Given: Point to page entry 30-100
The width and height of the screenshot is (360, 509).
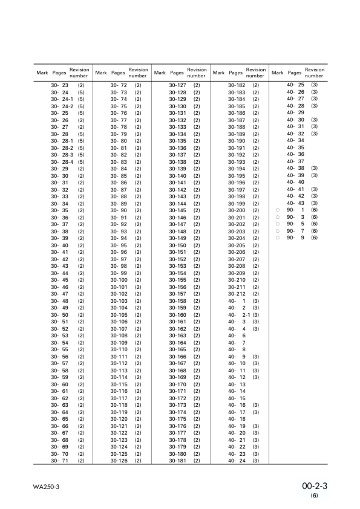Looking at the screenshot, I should tap(119, 280).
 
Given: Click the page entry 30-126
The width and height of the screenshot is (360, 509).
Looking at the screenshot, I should tap(119, 461).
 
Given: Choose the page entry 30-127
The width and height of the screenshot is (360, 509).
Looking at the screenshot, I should tap(177, 85).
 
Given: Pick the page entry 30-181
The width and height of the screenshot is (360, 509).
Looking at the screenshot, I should tap(177, 461).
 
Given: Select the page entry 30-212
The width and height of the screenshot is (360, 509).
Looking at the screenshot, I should tap(237, 294).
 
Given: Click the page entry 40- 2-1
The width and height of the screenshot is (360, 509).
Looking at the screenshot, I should tap(239, 314).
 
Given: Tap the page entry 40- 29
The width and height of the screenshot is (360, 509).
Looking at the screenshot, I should tap(295, 112).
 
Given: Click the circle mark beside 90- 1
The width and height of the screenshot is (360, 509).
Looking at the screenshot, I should tap(277, 210).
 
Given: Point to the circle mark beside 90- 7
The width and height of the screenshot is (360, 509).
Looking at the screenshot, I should tap(277, 231).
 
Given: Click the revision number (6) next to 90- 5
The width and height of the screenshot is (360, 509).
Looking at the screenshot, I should tap(314, 224).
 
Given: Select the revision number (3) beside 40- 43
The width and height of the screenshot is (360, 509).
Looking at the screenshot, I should tap(314, 203).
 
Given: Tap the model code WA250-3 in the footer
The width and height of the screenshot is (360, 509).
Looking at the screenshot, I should tap(45, 486).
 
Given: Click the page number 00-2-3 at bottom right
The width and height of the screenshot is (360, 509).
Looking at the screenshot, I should tap(315, 485).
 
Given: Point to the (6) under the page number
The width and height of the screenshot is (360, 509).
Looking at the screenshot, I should tap(315, 496).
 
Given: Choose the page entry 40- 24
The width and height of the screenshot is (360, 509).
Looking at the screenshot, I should tap(237, 461).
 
